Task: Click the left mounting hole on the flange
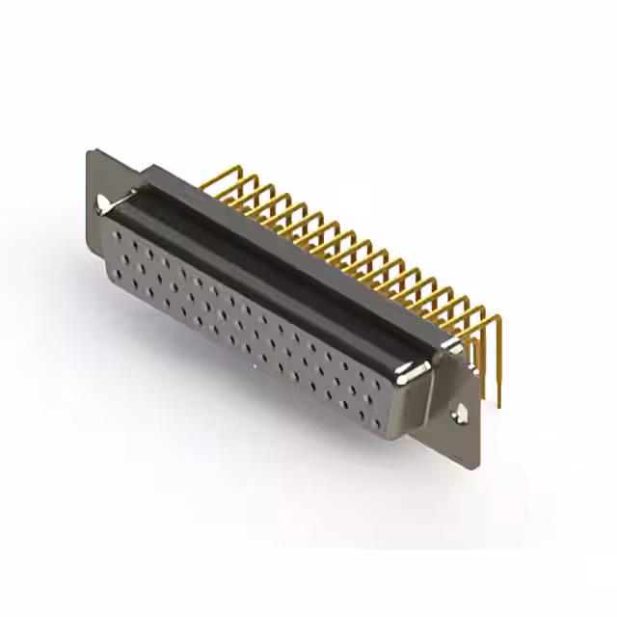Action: [x=102, y=201]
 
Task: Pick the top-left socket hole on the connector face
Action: [x=119, y=234]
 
